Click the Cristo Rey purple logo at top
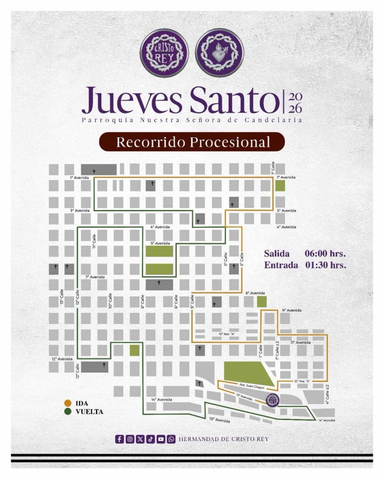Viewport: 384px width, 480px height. click(x=165, y=51)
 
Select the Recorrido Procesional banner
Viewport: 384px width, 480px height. click(x=192, y=142)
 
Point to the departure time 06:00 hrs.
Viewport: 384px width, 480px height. click(x=325, y=254)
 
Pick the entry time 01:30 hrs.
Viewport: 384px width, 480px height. click(x=325, y=265)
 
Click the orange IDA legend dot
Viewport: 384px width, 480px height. click(x=68, y=403)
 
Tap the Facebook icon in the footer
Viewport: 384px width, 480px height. click(x=120, y=439)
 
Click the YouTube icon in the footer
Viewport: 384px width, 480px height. click(x=161, y=439)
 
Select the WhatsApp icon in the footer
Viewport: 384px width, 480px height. click(x=171, y=439)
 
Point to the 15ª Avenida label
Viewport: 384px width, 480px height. click(x=219, y=420)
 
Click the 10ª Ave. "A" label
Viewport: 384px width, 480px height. click(x=226, y=334)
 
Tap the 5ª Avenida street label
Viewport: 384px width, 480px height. click(x=160, y=243)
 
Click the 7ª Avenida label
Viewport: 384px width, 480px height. click(x=95, y=277)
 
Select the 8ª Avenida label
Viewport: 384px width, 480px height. click(x=255, y=293)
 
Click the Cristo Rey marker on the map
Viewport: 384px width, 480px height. click(x=272, y=401)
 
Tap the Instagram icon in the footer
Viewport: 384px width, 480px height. click(x=130, y=439)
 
